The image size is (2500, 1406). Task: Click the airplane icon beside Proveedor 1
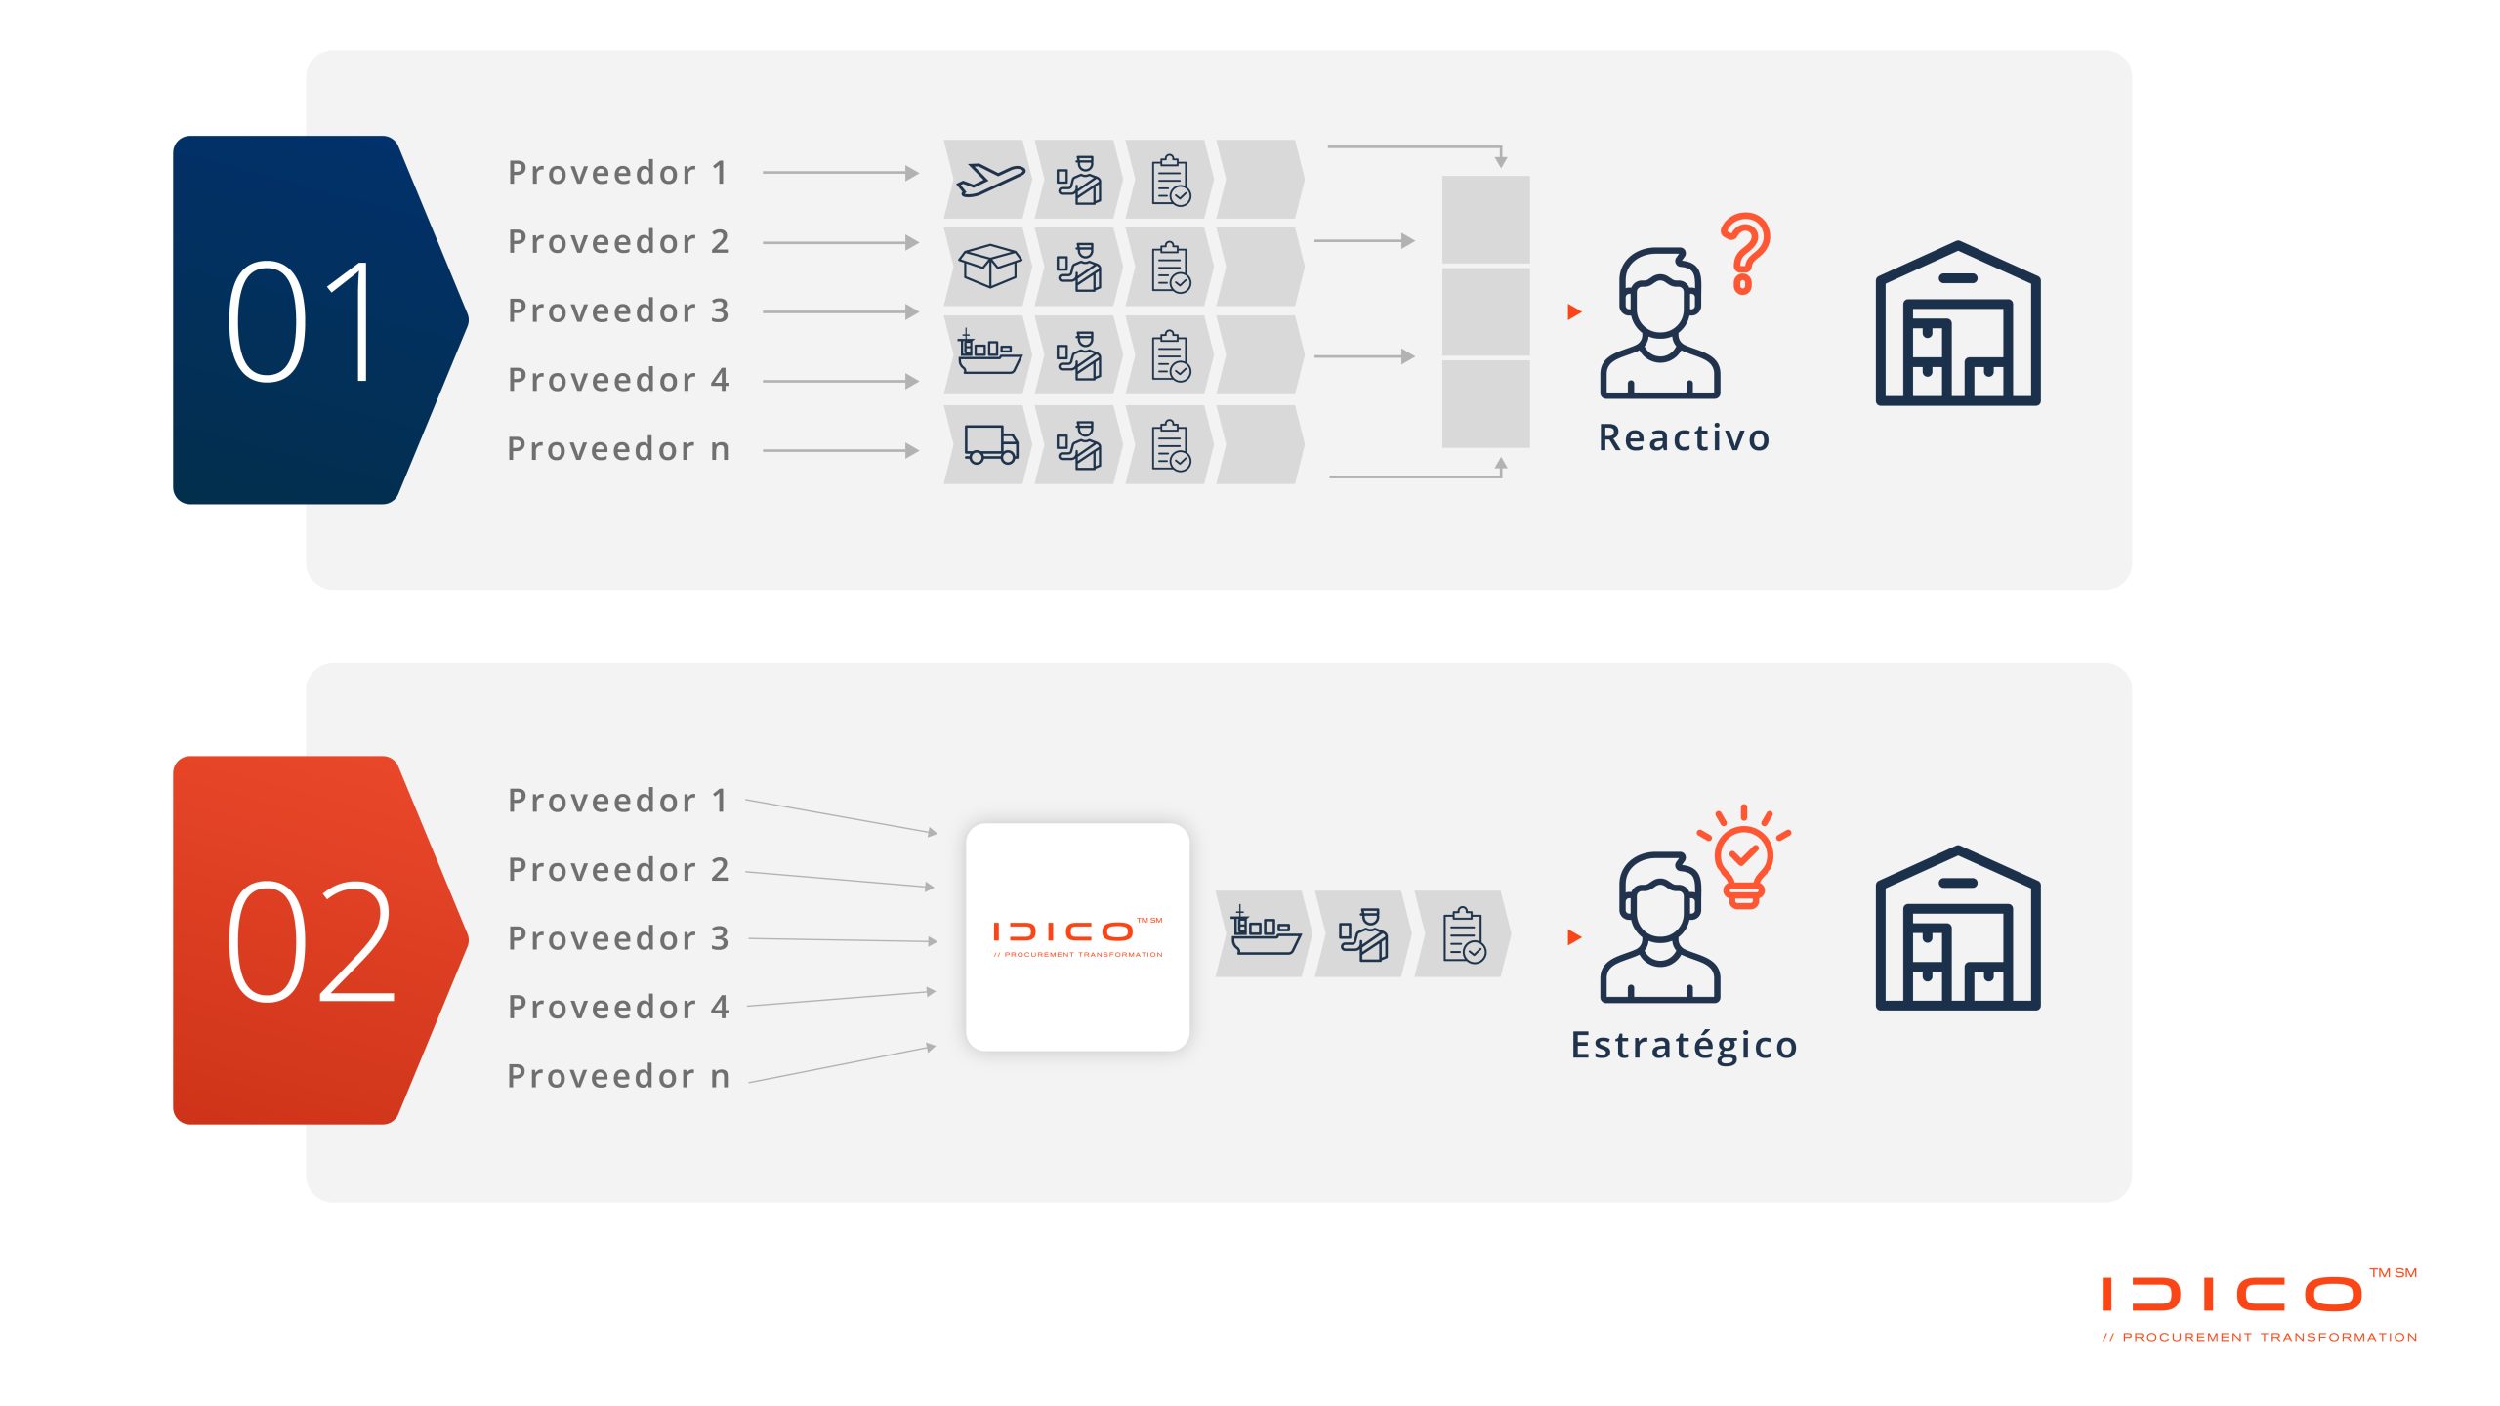[x=989, y=180]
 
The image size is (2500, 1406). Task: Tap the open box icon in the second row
[x=989, y=266]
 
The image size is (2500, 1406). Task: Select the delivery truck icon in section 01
[x=990, y=444]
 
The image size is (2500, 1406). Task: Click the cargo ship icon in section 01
[x=988, y=353]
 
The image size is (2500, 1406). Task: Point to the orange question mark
[x=1745, y=253]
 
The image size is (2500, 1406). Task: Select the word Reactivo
[x=1684, y=437]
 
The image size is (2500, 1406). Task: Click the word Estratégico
[x=1684, y=1045]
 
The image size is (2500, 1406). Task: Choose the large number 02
[x=311, y=941]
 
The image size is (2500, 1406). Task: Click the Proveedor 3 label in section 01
[x=618, y=310]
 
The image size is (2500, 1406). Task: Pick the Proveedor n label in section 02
[x=618, y=1076]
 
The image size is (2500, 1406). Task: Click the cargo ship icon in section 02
[x=1264, y=931]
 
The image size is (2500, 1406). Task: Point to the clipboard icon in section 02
[x=1464, y=935]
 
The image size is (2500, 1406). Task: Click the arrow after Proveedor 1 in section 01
[x=840, y=173]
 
